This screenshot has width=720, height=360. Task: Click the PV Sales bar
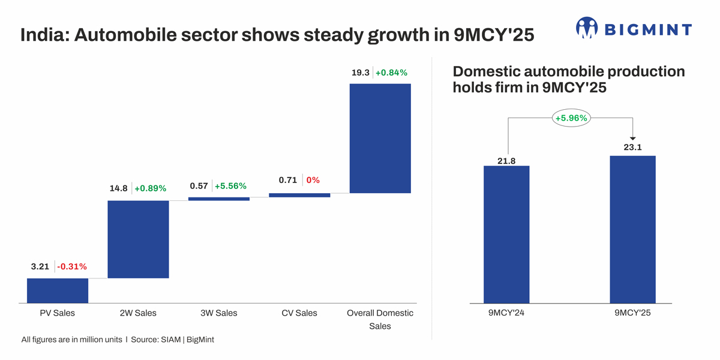tap(58, 290)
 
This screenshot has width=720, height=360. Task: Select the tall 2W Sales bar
tap(138, 239)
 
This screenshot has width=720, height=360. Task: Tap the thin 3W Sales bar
tap(218, 199)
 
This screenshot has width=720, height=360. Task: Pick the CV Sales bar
tap(299, 195)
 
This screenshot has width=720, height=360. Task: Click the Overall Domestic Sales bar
tap(380, 138)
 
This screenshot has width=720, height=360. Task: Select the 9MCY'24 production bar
tap(506, 234)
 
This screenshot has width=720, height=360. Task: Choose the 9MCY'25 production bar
tap(632, 229)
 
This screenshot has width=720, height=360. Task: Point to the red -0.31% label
tap(72, 266)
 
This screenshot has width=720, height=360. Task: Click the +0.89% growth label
tap(150, 188)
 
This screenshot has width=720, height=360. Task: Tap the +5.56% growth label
tap(230, 186)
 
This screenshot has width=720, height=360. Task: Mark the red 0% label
tap(313, 180)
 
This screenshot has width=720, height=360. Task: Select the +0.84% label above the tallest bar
tap(391, 73)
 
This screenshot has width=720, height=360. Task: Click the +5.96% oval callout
tap(571, 118)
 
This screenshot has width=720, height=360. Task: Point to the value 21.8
tap(506, 160)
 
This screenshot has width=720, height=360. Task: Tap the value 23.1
tap(632, 147)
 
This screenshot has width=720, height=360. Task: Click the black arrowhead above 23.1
tap(632, 139)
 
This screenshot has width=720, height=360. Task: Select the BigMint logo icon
tap(587, 28)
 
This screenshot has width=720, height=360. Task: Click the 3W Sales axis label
tap(218, 313)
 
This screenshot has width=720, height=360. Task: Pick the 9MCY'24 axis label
tap(506, 313)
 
